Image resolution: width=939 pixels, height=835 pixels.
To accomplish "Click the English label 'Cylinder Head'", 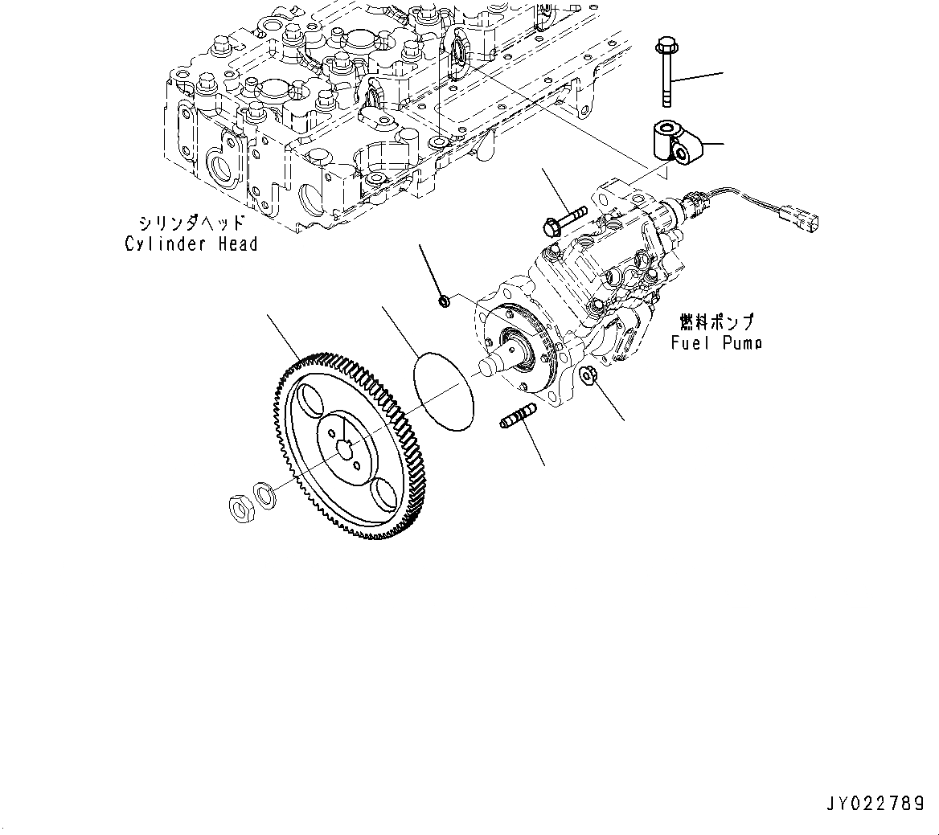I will point(191,244).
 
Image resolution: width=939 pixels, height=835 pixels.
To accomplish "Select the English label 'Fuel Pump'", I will point(716,343).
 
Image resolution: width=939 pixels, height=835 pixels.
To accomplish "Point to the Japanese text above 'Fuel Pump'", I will point(717,322).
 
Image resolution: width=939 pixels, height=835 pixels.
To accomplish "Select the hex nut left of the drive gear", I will point(240,507).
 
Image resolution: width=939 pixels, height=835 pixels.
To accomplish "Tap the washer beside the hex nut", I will point(262,493).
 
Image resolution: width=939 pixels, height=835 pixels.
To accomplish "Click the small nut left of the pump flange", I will point(442,301).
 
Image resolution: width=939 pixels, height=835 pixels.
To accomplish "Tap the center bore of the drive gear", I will point(349,450).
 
